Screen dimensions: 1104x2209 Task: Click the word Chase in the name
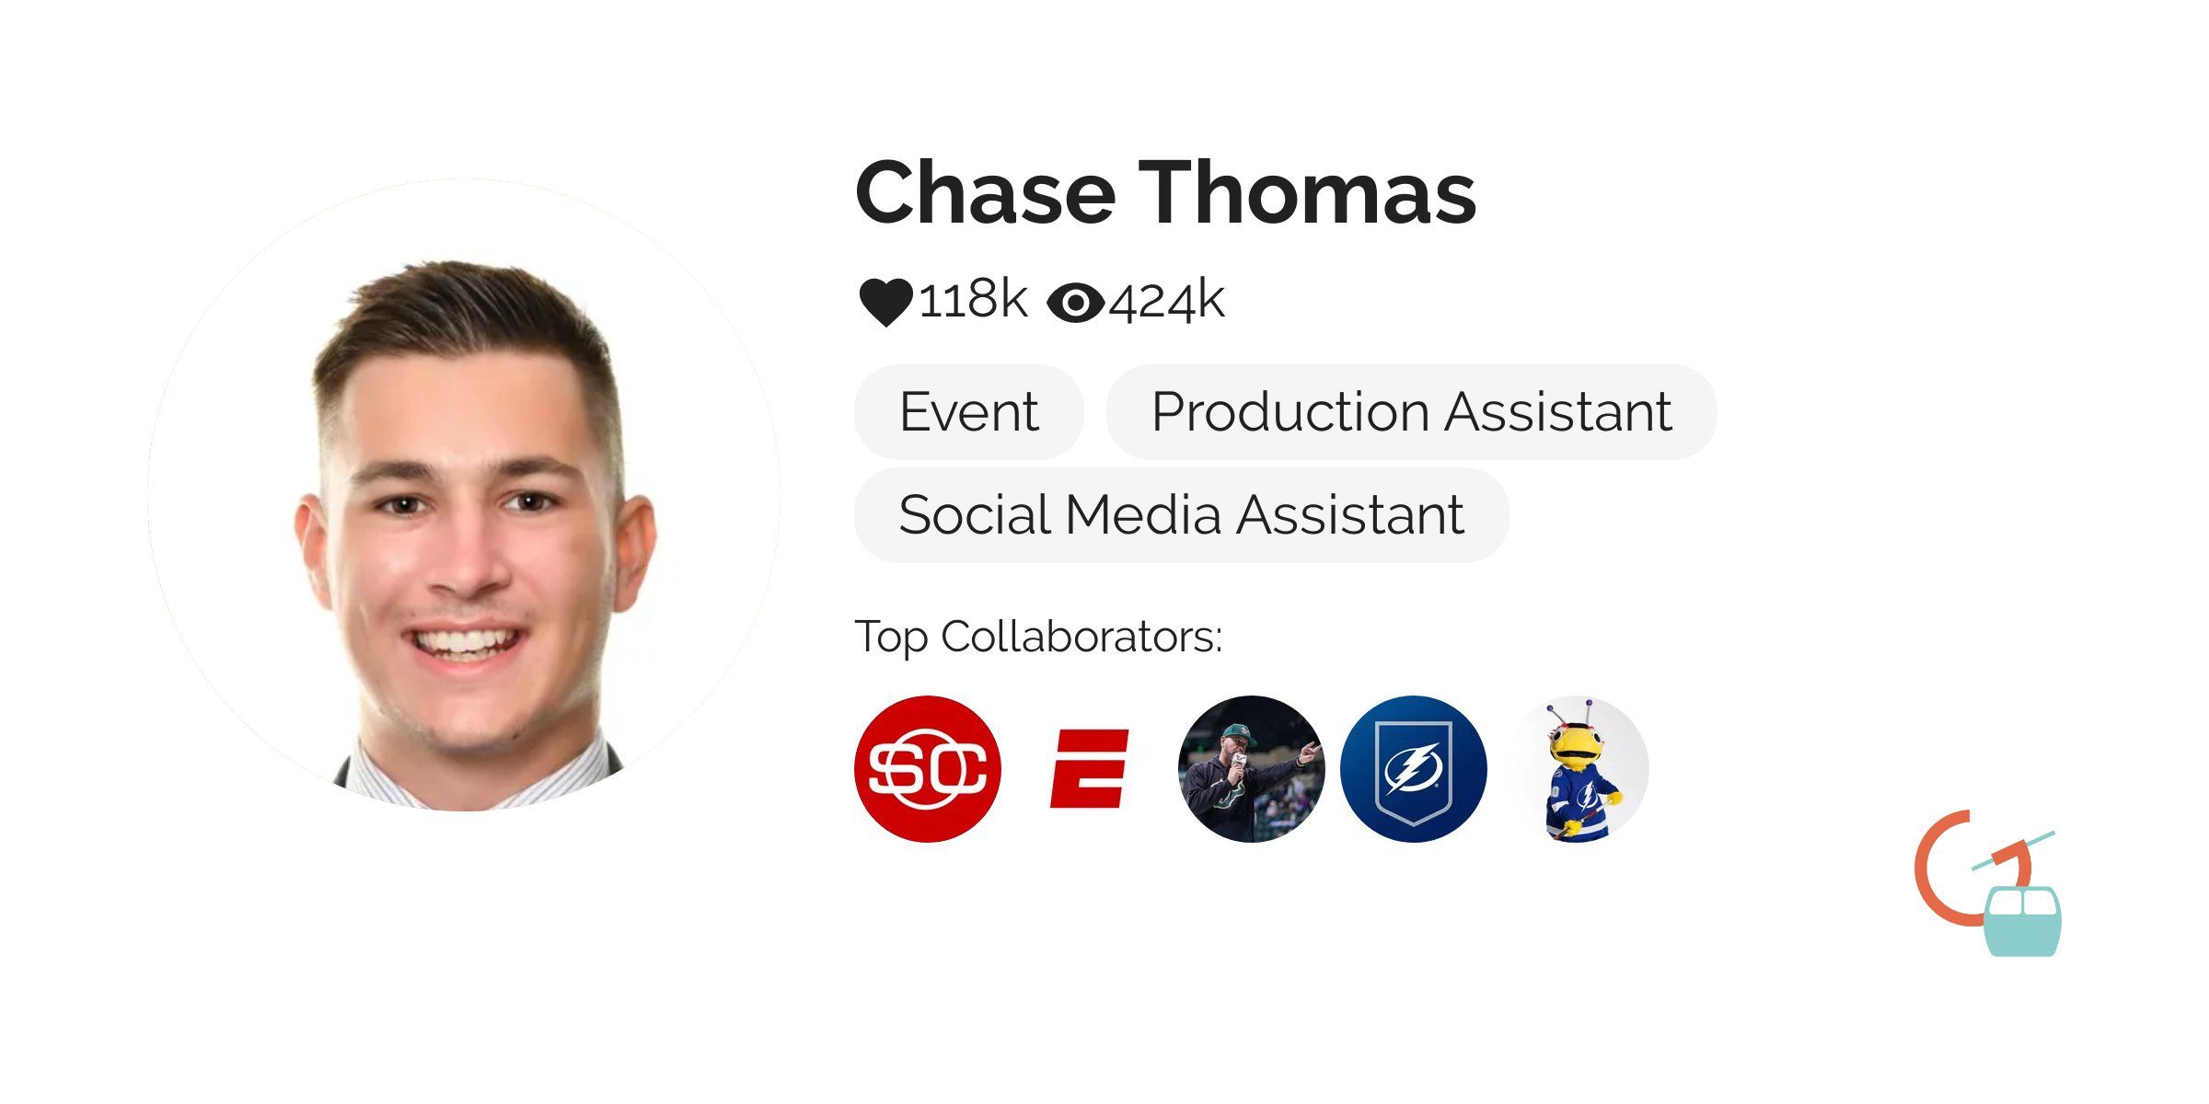point(985,193)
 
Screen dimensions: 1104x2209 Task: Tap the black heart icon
point(885,302)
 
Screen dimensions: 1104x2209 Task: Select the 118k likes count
point(973,300)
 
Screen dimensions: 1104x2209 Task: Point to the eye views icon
point(1075,303)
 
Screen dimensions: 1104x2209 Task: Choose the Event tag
point(968,411)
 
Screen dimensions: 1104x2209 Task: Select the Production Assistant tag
point(1411,411)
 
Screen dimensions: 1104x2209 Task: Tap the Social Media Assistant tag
point(1181,514)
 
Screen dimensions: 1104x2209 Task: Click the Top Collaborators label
point(1038,637)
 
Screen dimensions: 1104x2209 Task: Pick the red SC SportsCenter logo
point(928,769)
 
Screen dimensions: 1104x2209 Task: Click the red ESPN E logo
point(1090,769)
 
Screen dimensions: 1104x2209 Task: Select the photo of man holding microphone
point(1251,769)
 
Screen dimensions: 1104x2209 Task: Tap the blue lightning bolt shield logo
point(1413,769)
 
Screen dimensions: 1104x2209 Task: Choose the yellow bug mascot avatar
point(1576,769)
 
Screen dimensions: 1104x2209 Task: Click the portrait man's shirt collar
point(387,777)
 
